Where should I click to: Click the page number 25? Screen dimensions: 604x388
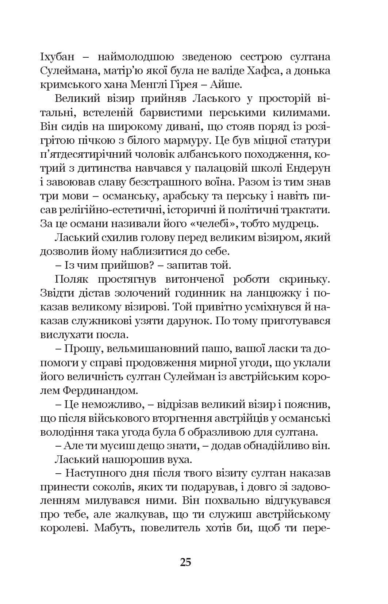[185, 562]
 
